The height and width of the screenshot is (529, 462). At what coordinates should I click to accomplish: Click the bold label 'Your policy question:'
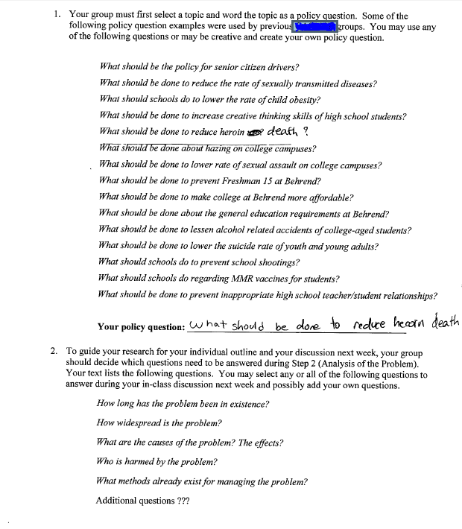click(x=141, y=326)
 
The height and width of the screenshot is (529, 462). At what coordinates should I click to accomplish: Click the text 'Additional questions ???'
click(x=142, y=501)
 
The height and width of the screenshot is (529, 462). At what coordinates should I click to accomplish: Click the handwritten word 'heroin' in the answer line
click(x=406, y=325)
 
